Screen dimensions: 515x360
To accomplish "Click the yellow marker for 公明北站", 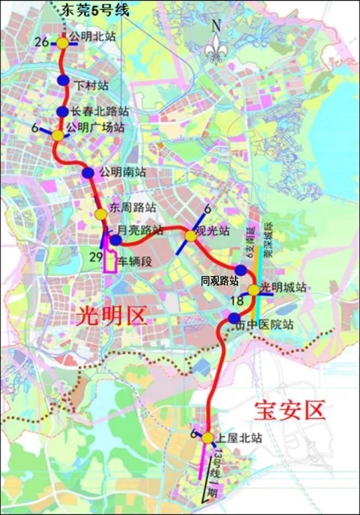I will pos(63,43).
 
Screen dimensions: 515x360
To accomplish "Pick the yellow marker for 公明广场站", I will pos(58,135).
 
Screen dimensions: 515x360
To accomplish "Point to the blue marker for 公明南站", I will pos(88,172).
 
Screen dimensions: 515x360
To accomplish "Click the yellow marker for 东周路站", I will pos(100,214).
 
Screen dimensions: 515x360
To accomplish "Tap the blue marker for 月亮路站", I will pos(116,240).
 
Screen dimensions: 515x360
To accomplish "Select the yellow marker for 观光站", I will pos(190,236).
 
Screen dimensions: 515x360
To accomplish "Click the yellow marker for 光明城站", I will pos(254,290).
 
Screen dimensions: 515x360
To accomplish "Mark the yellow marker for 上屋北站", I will pos(207,438).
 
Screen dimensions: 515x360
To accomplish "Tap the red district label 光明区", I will pos(111,316).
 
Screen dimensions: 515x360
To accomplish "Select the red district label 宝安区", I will pos(290,409).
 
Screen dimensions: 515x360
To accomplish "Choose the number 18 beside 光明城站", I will pos(237,301).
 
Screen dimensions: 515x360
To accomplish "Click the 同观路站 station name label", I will pos(220,281).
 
